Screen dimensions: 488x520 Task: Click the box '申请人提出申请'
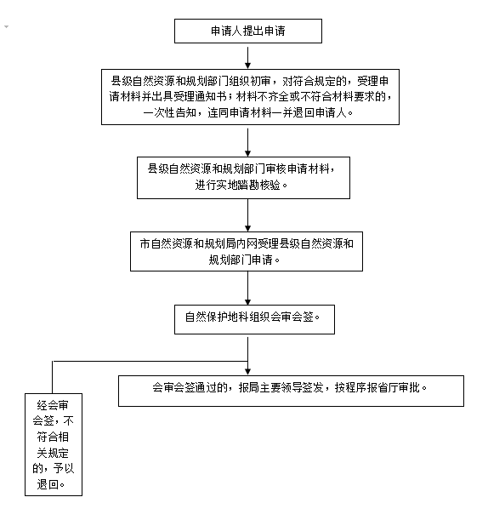[248, 31]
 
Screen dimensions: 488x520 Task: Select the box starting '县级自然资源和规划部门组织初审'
[250, 97]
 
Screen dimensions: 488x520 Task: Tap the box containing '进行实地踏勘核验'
[243, 178]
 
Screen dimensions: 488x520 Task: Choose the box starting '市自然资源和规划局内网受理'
[247, 251]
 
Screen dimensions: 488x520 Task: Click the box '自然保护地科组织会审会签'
[254, 319]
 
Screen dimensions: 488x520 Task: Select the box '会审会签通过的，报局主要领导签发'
[291, 391]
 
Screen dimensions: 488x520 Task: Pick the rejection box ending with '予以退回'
[54, 444]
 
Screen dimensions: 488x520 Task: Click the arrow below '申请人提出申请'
[247, 58]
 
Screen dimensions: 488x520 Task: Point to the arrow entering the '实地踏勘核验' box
[247, 143]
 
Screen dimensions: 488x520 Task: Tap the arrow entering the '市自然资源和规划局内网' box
[247, 215]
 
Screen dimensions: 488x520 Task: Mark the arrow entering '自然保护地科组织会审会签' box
[247, 289]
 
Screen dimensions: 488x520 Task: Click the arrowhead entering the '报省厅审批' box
[247, 372]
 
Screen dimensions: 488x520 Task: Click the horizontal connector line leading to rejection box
[150, 361]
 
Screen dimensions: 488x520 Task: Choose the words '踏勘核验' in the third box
[258, 185]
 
